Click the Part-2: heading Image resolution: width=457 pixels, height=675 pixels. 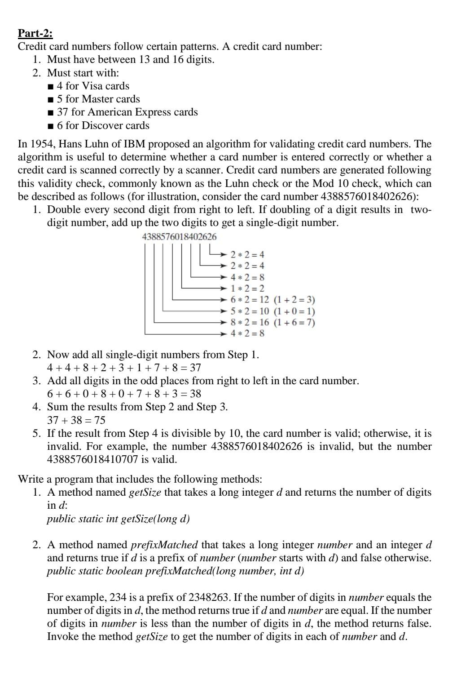point(35,33)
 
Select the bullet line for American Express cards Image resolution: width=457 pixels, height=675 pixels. point(123,112)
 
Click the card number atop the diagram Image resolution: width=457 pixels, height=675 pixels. point(179,237)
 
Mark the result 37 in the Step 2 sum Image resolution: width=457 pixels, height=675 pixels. point(195,368)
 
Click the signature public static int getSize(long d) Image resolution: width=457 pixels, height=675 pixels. point(119,519)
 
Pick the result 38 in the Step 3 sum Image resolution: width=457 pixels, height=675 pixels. point(195,394)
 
